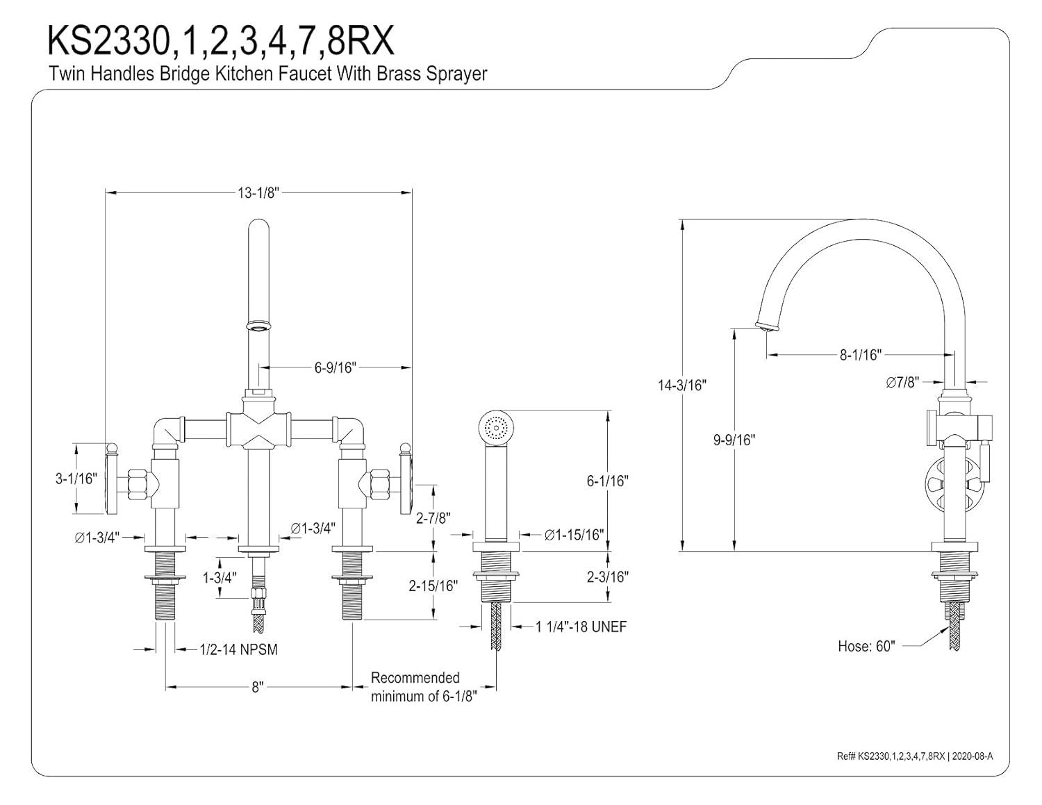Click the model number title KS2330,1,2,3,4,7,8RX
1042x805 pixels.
(220, 41)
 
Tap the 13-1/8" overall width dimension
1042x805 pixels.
(258, 193)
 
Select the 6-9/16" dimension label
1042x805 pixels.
(335, 367)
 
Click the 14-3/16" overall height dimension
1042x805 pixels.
(681, 385)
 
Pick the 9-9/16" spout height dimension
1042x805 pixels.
(734, 440)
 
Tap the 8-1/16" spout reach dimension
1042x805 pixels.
(860, 355)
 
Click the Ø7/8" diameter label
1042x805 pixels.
(902, 381)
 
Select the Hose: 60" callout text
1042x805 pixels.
(866, 646)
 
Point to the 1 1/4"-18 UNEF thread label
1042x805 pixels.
(581, 626)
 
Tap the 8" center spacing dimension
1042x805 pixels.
(258, 687)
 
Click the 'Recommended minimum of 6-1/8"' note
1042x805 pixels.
(424, 687)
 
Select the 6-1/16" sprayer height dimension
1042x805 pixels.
(607, 481)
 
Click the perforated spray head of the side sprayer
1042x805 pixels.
(495, 426)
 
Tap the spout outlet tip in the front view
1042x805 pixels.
(258, 325)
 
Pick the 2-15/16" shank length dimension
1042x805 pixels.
(433, 586)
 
